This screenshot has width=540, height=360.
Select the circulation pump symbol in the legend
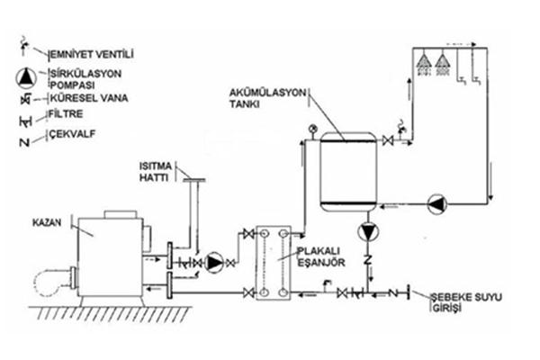(26, 78)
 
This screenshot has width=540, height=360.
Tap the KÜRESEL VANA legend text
(89, 98)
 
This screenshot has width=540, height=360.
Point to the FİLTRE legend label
(66, 114)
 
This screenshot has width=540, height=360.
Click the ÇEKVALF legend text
(71, 134)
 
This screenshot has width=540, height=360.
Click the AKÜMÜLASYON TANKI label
(267, 98)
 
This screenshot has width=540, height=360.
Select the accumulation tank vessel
(348, 172)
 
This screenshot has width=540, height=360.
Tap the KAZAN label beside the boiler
(47, 222)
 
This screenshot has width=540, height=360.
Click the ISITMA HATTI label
(156, 172)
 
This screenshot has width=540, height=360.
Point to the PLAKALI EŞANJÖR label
(321, 256)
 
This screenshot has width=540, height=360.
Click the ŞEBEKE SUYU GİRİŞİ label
(466, 302)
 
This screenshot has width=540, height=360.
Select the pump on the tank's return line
(437, 204)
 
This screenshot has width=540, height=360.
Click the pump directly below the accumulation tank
(368, 231)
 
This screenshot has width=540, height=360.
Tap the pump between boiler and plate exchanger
(214, 263)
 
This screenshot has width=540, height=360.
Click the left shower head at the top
(424, 63)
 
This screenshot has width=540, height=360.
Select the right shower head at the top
(442, 63)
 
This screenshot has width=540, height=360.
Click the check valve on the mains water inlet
(392, 293)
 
